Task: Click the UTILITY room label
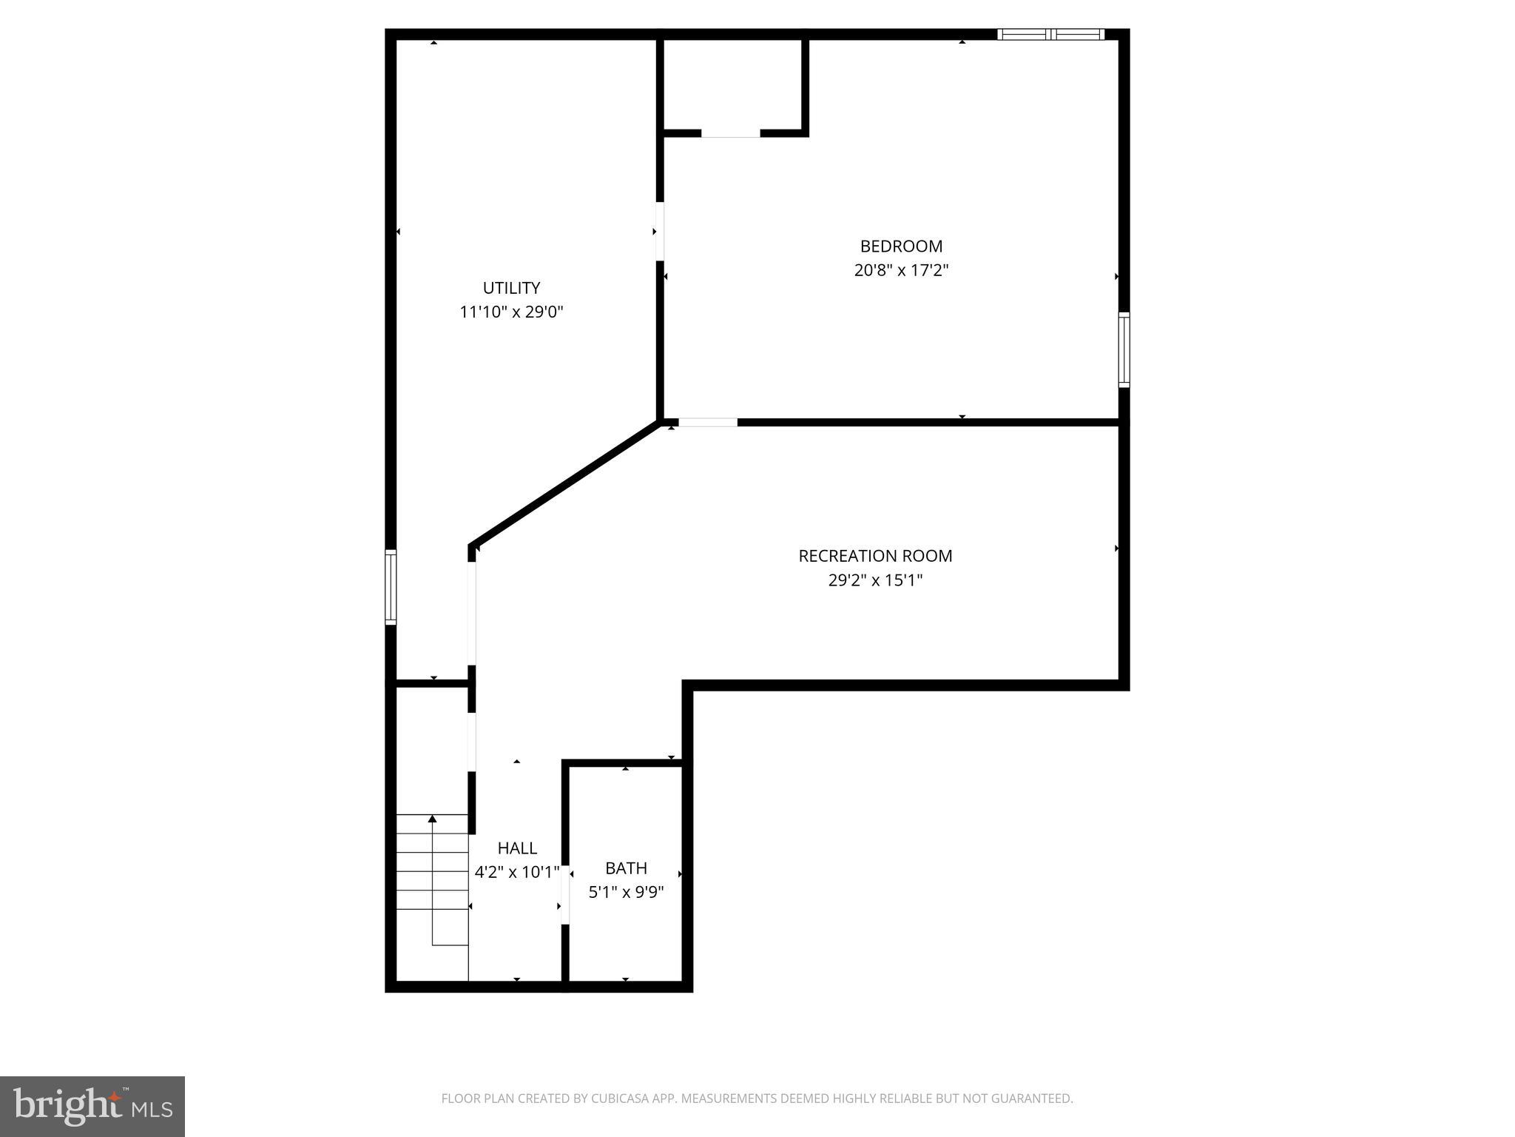[x=511, y=288]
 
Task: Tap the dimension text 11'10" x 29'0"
[x=511, y=312]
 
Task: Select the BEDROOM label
[x=901, y=246]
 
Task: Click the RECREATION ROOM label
[x=875, y=556]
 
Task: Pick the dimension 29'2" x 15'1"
[x=875, y=580]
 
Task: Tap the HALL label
[x=517, y=848]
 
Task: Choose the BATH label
[x=626, y=868]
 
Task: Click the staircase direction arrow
[x=433, y=819]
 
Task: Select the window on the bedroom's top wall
[x=1050, y=34]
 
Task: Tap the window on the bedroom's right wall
[x=1124, y=349]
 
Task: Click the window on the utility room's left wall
[x=391, y=587]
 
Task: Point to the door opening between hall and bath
[x=565, y=894]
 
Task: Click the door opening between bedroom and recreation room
[x=708, y=423]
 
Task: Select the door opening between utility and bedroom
[x=659, y=231]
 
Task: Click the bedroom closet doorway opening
[x=730, y=133]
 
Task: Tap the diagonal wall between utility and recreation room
[x=564, y=484]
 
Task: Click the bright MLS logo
[x=92, y=1106]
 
